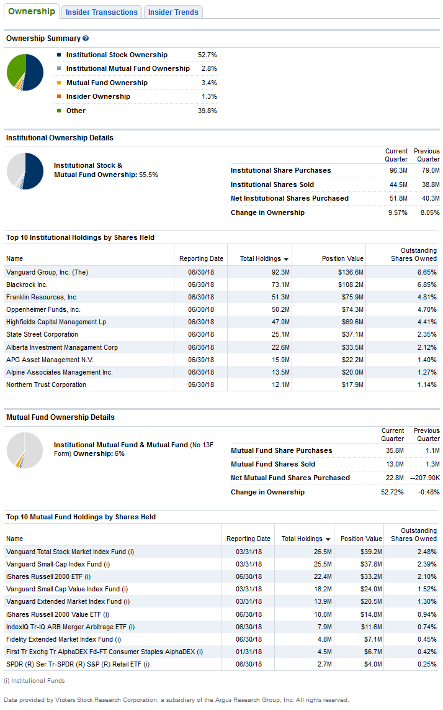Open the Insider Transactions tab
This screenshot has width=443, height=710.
101,12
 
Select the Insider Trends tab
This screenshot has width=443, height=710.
173,12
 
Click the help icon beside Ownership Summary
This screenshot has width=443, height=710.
86,39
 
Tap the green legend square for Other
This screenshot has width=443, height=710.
59,111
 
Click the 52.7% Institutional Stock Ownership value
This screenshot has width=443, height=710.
207,55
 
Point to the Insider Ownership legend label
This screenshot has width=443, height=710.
98,96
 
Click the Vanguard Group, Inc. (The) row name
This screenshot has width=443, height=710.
47,272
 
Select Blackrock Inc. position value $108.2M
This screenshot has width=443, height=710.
351,284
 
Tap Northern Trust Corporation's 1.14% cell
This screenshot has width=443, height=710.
427,385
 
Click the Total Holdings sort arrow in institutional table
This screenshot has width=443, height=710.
286,259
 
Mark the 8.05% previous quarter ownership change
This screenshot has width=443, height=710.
429,212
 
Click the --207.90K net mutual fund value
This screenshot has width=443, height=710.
425,478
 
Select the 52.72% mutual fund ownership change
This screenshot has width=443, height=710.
393,492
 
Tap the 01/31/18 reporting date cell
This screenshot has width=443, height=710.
249,652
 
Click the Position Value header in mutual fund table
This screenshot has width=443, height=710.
361,539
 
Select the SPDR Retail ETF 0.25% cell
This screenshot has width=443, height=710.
427,664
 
